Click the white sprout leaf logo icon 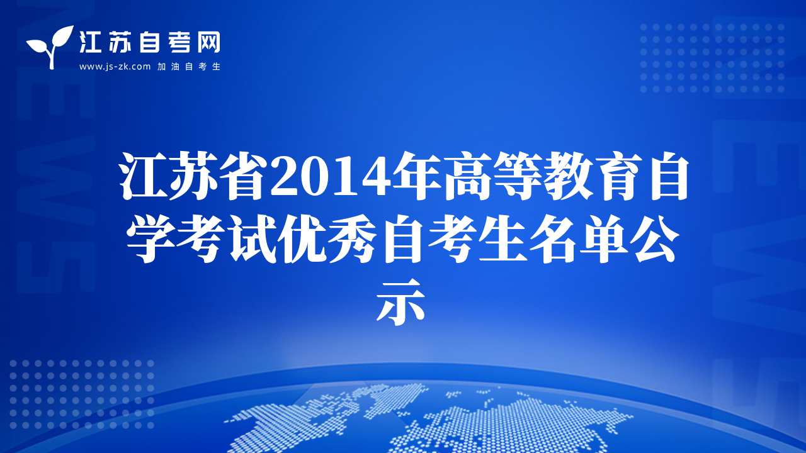50,46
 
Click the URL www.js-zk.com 115,67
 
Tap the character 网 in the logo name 209,42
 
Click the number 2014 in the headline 331,177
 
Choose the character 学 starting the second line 150,239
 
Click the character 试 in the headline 251,239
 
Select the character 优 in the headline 302,239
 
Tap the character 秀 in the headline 352,239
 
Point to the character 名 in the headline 553,239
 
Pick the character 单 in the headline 604,239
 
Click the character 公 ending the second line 654,239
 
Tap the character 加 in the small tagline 161,67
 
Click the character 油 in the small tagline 175,67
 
